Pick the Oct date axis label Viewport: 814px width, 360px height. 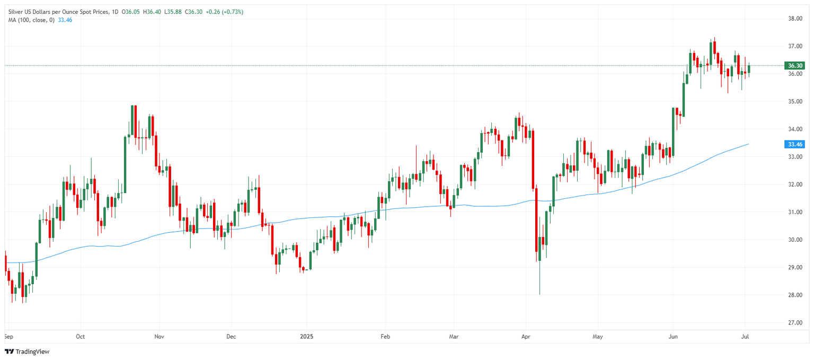[x=81, y=336]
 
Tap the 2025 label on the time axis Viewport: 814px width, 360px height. [x=307, y=336]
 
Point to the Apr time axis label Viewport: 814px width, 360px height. [x=526, y=336]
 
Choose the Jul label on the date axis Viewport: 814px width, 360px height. [x=745, y=336]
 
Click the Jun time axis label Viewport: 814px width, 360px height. [x=673, y=336]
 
